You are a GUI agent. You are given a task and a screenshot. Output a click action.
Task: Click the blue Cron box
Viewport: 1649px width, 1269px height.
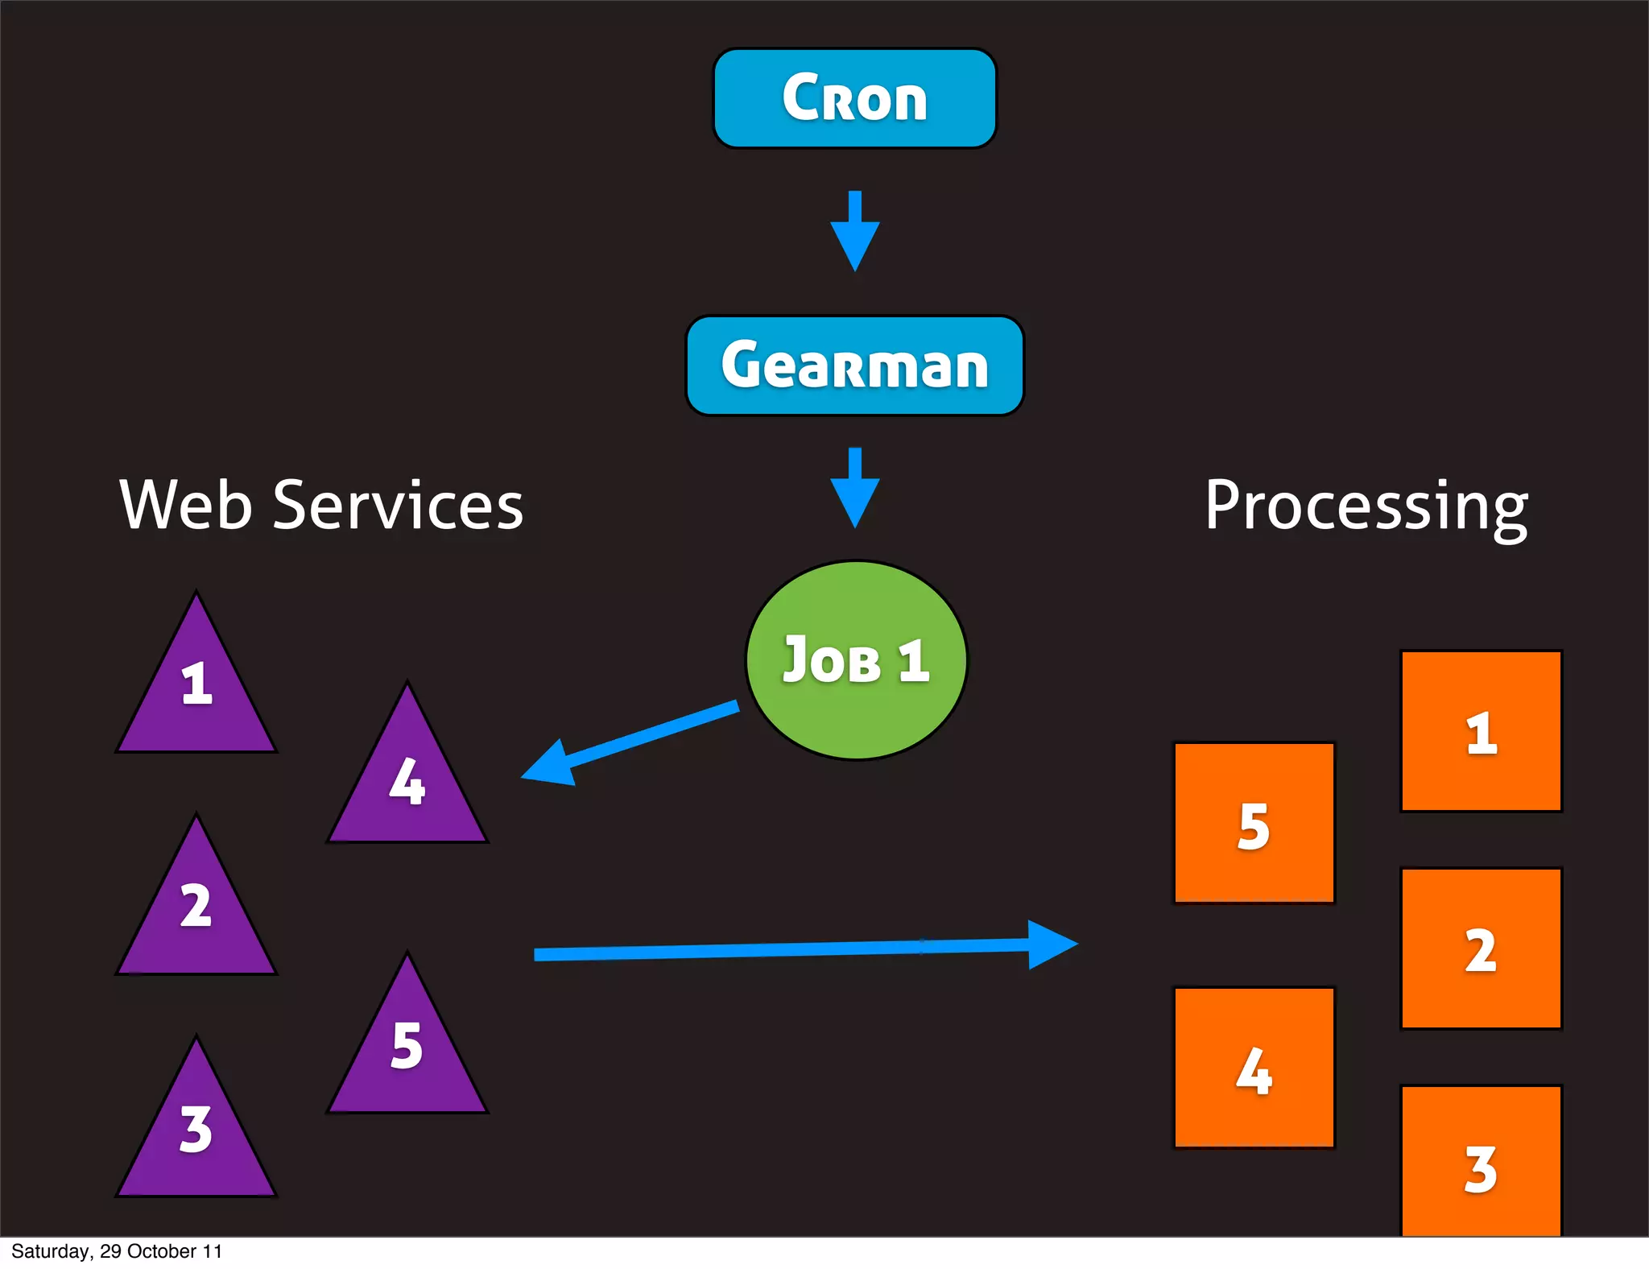[x=854, y=98]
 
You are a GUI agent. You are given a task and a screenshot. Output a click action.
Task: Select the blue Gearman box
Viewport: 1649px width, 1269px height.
[x=854, y=366]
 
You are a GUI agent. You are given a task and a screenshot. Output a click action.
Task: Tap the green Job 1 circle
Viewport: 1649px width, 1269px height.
[x=856, y=660]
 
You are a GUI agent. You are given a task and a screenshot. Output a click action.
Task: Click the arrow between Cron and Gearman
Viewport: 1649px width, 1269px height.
[x=854, y=232]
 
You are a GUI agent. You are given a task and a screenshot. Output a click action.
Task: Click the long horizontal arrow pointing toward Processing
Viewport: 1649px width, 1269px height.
[x=805, y=949]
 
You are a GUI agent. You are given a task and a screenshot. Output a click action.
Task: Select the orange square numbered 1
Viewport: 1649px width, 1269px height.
[x=1481, y=731]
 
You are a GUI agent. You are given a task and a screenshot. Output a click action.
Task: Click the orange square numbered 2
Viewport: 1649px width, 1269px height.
[x=1481, y=949]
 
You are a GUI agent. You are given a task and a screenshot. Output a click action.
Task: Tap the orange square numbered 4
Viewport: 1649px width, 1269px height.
[x=1254, y=1068]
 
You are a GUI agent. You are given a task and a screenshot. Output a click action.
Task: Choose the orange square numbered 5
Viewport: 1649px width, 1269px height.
[x=1254, y=823]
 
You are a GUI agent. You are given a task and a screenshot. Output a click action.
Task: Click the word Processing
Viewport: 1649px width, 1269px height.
[x=1366, y=507]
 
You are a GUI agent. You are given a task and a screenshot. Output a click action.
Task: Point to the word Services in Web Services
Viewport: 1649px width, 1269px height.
[x=398, y=506]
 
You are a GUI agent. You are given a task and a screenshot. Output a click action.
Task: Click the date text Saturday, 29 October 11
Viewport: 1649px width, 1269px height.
[x=117, y=1251]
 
